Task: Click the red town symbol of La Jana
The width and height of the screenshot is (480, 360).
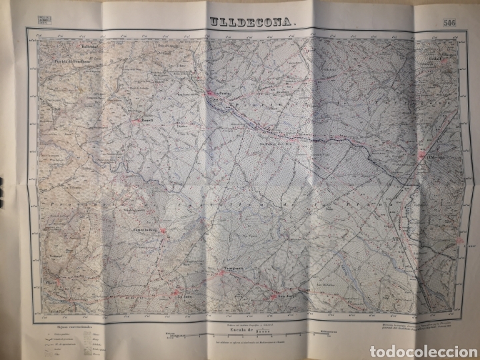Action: coord(179,291)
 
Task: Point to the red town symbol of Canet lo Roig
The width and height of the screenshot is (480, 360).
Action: coord(167,235)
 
